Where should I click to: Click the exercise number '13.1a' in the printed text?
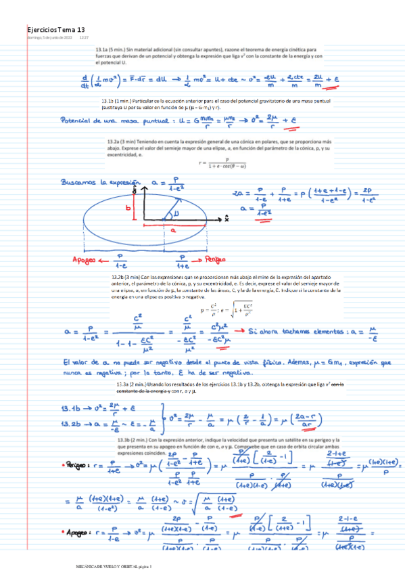coord(102,50)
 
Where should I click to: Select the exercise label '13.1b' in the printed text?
coord(101,101)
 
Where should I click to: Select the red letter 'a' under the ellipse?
coord(172,230)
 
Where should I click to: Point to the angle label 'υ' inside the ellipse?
coord(177,213)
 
